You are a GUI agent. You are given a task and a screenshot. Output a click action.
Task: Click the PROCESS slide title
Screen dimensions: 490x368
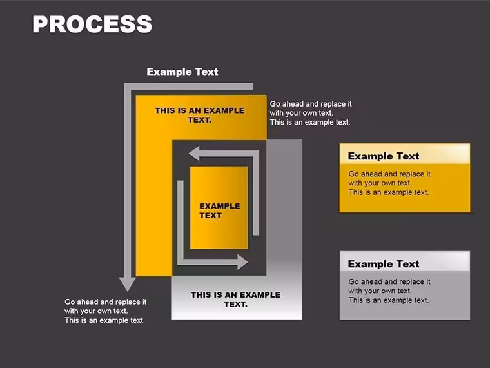(x=92, y=24)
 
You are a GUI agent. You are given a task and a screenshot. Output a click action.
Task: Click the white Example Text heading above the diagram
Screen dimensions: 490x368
(x=182, y=72)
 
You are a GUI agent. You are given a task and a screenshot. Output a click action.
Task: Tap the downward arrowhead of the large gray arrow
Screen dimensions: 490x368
(x=128, y=284)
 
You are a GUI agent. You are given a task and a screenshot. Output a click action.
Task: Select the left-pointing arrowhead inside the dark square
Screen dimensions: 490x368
(x=194, y=154)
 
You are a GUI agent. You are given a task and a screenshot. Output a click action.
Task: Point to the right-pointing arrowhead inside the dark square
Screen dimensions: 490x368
(x=243, y=262)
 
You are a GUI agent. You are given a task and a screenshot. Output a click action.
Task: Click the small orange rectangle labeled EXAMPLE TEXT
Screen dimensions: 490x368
(x=219, y=208)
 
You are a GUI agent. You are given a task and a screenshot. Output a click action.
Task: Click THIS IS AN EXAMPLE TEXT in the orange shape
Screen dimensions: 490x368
(x=200, y=115)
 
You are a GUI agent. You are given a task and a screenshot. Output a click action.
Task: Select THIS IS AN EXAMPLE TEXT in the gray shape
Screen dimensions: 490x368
(x=235, y=300)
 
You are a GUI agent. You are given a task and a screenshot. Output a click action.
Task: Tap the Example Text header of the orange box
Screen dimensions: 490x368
(x=384, y=156)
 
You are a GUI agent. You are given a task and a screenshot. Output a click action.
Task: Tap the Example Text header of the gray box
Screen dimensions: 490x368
(x=384, y=264)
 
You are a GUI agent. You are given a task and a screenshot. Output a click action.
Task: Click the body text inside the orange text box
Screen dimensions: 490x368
(x=389, y=183)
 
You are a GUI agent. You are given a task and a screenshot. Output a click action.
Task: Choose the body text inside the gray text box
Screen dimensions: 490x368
(x=389, y=291)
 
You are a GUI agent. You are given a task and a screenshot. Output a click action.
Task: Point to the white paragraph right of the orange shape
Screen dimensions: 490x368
(x=311, y=113)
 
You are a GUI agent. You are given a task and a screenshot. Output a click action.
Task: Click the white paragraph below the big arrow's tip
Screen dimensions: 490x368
(x=105, y=311)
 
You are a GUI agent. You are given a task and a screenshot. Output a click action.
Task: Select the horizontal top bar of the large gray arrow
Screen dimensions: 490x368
(x=188, y=87)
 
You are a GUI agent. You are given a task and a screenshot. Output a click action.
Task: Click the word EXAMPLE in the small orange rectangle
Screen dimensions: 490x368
(x=220, y=206)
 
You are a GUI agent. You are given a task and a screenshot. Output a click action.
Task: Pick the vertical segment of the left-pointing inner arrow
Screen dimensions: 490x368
(x=256, y=193)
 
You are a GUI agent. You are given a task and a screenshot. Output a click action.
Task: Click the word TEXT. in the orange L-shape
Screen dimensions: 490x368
(x=200, y=120)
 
